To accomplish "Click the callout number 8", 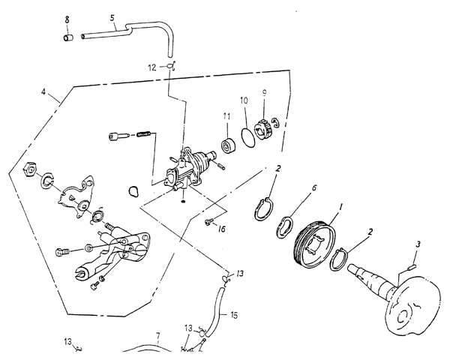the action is point(67,19).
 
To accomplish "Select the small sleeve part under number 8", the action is point(68,37).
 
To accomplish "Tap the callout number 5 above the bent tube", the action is point(112,18).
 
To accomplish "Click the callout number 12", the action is point(152,67).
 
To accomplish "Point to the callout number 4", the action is point(43,92).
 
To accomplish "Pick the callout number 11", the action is point(226,116).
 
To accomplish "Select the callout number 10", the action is point(244,100).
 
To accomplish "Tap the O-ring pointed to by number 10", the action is point(248,138).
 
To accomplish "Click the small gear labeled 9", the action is point(263,130).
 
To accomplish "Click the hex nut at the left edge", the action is point(30,169).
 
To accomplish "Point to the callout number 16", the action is point(221,229).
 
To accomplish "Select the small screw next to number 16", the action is point(208,221).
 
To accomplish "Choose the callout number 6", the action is point(314,187).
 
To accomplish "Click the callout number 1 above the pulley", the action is point(341,206).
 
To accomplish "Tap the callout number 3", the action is point(418,244).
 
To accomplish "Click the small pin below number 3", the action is point(411,268).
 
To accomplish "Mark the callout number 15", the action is point(234,315).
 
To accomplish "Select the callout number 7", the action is point(157,335).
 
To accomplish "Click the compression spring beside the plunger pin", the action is point(144,133).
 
